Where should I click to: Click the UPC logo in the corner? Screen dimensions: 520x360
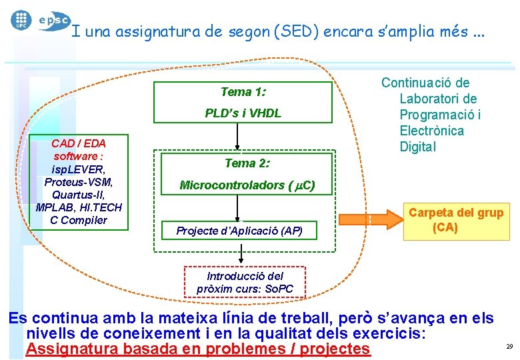click(x=21, y=19)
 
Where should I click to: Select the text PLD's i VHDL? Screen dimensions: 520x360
click(x=243, y=113)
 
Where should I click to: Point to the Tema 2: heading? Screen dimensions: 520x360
click(x=246, y=163)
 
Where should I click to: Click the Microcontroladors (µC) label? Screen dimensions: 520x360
click(x=247, y=185)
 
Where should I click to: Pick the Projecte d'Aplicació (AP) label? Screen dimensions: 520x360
click(x=239, y=231)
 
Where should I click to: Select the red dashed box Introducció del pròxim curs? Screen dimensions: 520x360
click(x=245, y=282)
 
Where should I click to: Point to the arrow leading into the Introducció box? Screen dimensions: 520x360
click(x=243, y=256)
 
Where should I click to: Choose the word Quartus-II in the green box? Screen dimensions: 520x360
click(x=79, y=195)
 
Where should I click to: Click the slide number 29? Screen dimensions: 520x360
click(x=509, y=347)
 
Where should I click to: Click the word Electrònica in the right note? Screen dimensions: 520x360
click(x=431, y=131)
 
